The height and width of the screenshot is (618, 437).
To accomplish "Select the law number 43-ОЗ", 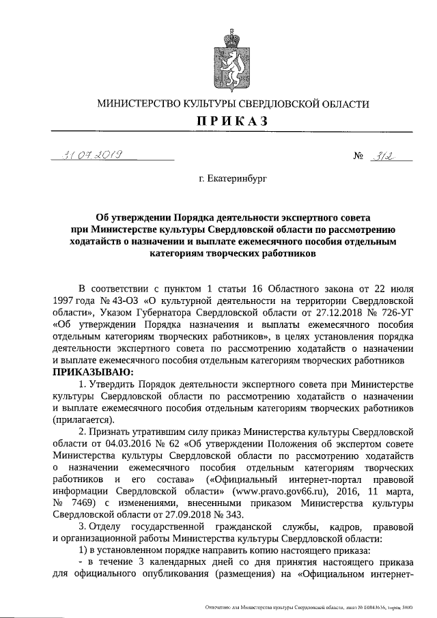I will (122, 299).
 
